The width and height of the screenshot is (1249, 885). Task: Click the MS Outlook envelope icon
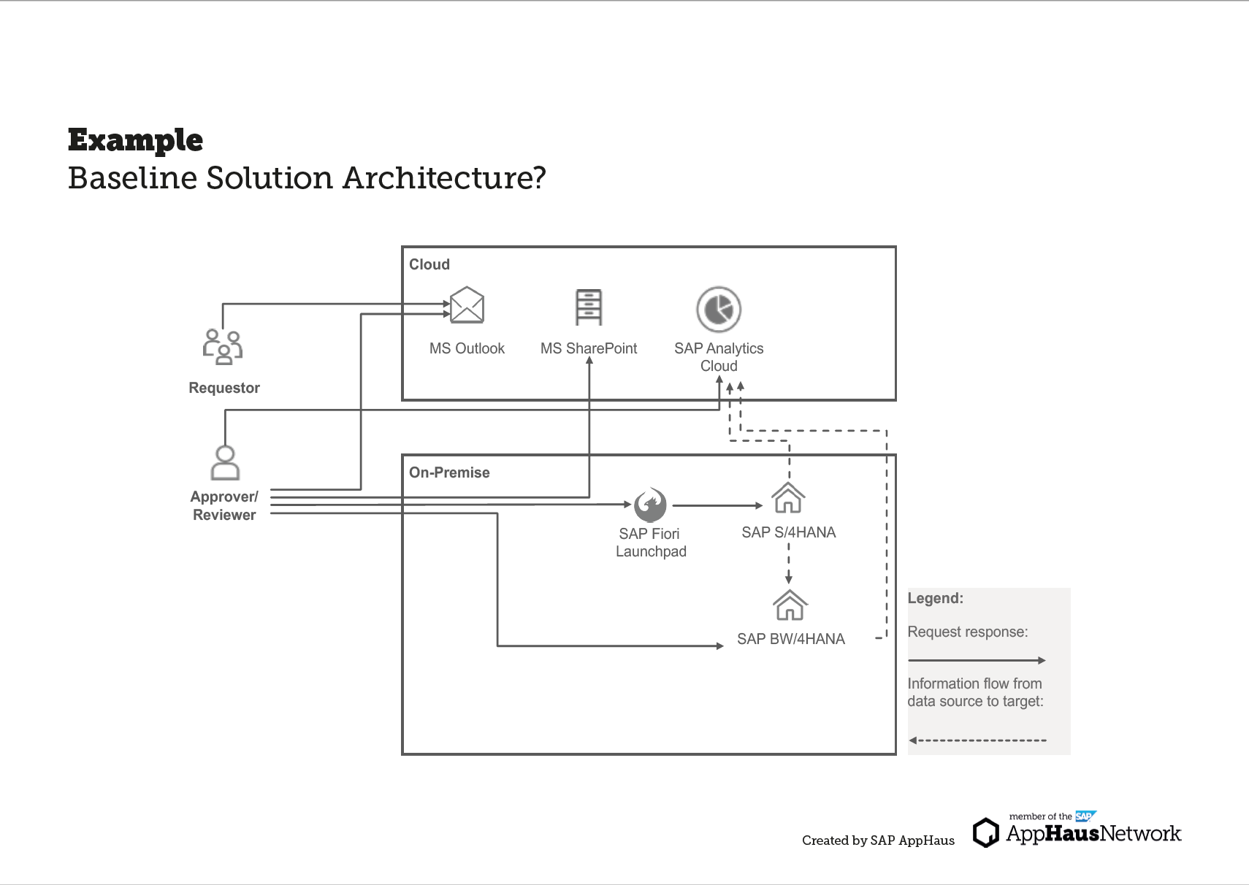click(467, 305)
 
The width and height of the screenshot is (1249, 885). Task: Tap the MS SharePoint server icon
click(589, 307)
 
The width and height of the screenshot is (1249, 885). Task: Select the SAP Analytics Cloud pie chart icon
click(719, 309)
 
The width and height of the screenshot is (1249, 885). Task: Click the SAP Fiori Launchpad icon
click(649, 505)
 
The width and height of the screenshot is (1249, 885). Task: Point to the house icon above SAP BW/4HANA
click(790, 605)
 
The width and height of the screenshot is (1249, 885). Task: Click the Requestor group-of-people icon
click(223, 346)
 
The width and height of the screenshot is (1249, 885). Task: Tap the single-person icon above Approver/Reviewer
click(225, 462)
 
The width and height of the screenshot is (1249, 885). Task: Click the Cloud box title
click(429, 264)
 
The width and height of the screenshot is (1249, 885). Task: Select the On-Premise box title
click(449, 472)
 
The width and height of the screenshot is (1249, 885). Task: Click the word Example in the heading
click(135, 140)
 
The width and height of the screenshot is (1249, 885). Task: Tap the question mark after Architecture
click(539, 177)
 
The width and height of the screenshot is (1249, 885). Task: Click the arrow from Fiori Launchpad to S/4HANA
click(717, 505)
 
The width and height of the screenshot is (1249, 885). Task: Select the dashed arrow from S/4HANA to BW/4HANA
click(789, 562)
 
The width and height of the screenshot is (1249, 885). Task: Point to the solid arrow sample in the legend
click(976, 660)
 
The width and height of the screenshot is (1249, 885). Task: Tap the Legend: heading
click(935, 598)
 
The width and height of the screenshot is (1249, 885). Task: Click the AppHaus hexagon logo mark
click(986, 832)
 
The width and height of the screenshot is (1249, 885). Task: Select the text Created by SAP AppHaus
click(878, 840)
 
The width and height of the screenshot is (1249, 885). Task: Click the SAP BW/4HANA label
click(791, 639)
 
